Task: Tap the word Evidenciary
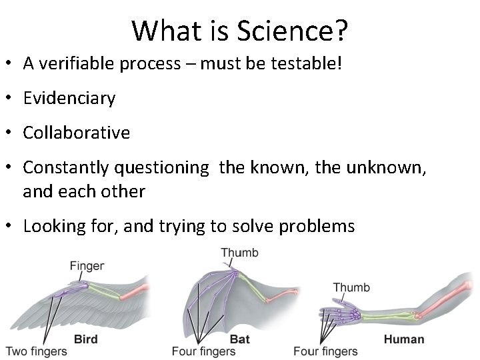coord(69,99)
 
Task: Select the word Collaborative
coord(76,133)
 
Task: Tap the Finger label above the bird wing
coord(87,266)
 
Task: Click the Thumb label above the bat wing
coord(239,253)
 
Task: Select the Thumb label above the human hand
coord(351,287)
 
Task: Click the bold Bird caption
coord(85,339)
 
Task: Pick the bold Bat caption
coord(239,339)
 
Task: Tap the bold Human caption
coord(403,339)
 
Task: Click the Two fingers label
coord(36,351)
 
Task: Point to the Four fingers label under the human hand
coord(326,351)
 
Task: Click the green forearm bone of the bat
coord(261,293)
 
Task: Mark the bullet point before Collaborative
coord(11,133)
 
